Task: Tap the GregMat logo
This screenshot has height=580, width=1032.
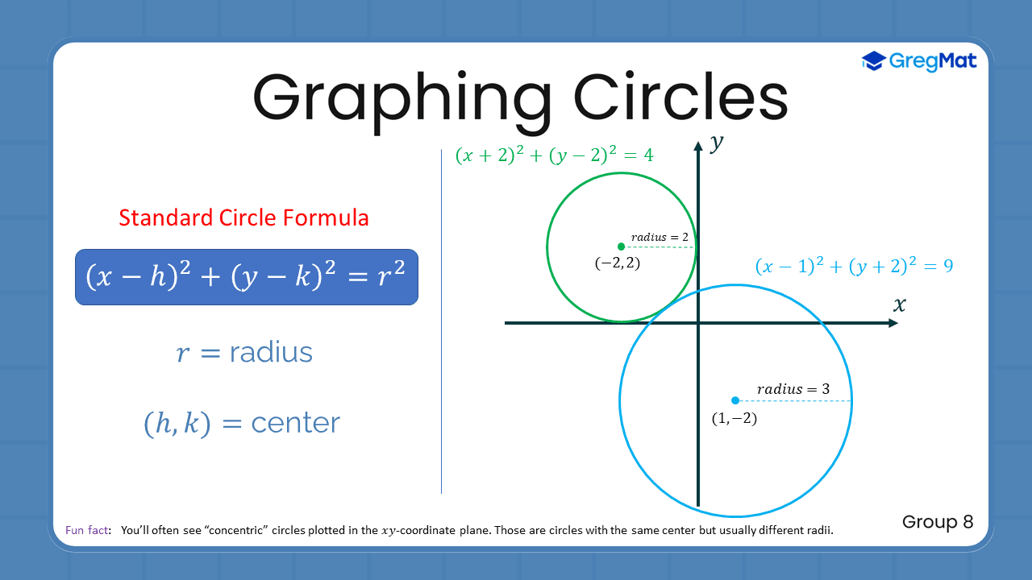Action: (919, 60)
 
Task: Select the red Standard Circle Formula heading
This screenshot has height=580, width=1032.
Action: (243, 217)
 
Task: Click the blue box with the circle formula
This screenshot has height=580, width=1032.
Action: (246, 277)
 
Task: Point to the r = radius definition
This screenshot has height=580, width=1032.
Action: (244, 352)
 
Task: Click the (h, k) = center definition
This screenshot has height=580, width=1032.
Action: (242, 423)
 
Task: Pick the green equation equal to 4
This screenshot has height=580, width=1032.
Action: (554, 155)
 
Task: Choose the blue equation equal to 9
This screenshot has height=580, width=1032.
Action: (854, 266)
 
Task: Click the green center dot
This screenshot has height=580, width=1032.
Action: (620, 246)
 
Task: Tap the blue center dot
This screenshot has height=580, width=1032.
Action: (734, 400)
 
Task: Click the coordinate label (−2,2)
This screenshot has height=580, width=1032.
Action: (618, 263)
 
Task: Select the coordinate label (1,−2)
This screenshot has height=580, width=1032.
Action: (734, 418)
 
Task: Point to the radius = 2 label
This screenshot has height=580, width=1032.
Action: (660, 237)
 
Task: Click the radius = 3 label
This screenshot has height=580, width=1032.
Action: (793, 389)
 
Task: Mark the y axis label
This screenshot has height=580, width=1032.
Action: (715, 144)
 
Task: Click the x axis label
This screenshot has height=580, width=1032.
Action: (899, 304)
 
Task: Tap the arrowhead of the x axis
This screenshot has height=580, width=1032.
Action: (893, 323)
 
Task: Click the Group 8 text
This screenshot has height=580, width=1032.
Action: (938, 522)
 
